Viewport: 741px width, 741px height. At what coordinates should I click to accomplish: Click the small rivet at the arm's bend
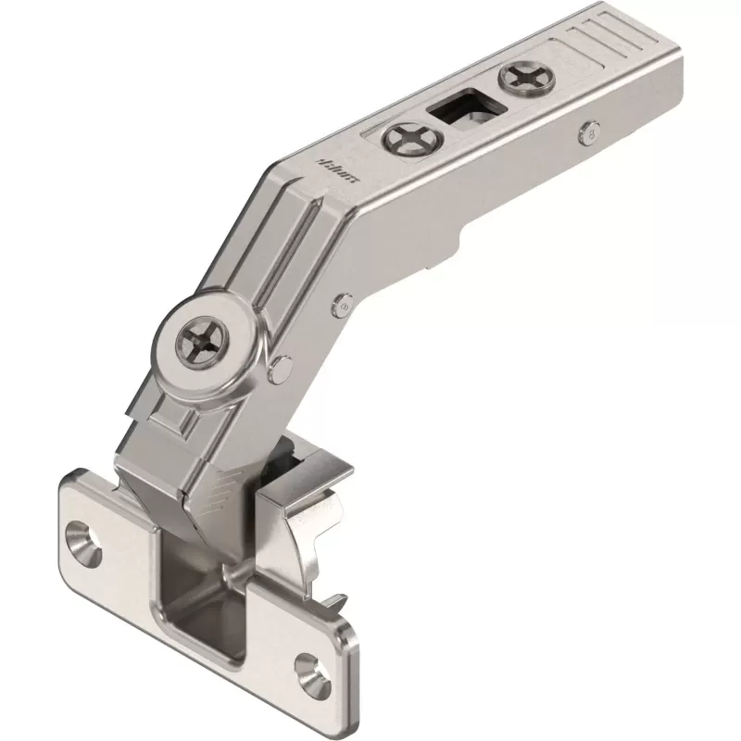pos(345,302)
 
